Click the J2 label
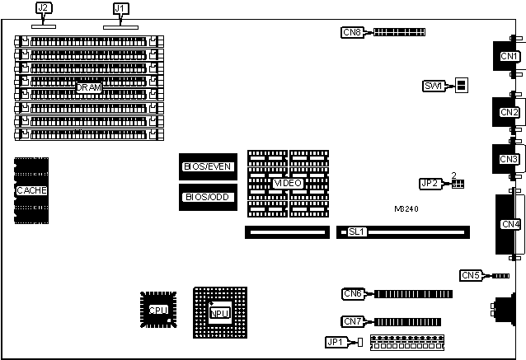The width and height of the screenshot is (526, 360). coord(44,9)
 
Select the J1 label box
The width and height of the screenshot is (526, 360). coord(120,9)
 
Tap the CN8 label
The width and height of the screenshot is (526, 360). coord(352,32)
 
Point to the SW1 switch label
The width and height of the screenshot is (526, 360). coord(434,86)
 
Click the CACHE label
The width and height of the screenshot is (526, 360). coord(31,190)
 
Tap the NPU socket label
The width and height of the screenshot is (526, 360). coord(219,313)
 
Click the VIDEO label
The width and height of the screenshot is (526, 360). coord(287,182)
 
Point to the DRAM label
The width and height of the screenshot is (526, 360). coord(88,86)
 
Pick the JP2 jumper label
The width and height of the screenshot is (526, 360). coord(429,183)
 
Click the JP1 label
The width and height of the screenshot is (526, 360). coord(335,342)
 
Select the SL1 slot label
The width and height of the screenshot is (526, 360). coord(356,231)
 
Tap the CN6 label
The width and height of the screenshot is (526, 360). coord(353,293)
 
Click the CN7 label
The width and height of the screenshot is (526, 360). coord(353,320)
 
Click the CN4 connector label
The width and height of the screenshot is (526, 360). coord(510,223)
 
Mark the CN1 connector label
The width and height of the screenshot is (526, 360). coord(510,56)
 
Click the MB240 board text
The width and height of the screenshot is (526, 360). coord(406,209)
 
